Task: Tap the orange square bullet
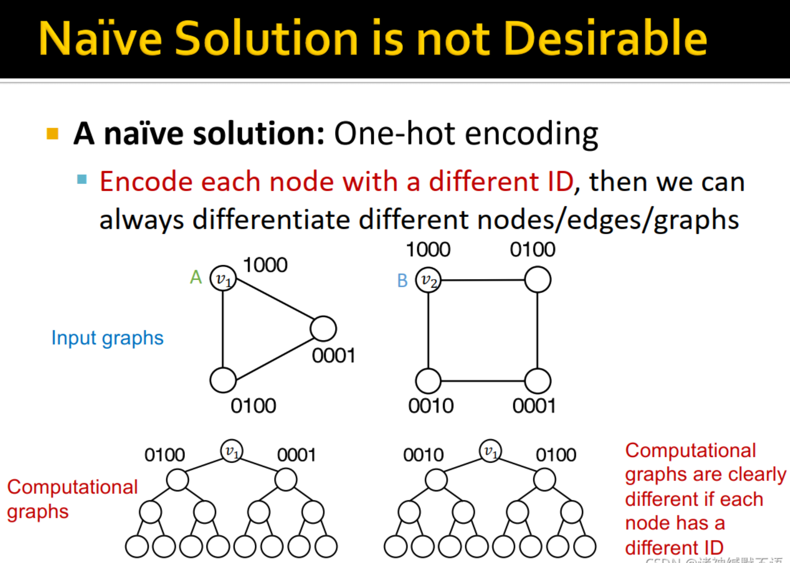click(53, 133)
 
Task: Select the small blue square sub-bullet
click(82, 180)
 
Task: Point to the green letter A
click(196, 277)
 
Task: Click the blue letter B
click(402, 281)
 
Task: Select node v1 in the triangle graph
click(223, 279)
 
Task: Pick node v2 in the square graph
click(428, 281)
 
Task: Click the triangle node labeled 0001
click(323, 329)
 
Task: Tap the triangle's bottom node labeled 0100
click(223, 380)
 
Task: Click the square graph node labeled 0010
click(428, 381)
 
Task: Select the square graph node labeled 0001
click(538, 381)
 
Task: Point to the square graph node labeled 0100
click(538, 280)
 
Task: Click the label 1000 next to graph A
click(265, 265)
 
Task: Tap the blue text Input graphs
click(108, 338)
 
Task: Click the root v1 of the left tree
click(232, 451)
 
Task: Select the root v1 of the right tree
click(490, 451)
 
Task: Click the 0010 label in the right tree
click(423, 455)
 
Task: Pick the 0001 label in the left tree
click(296, 455)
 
